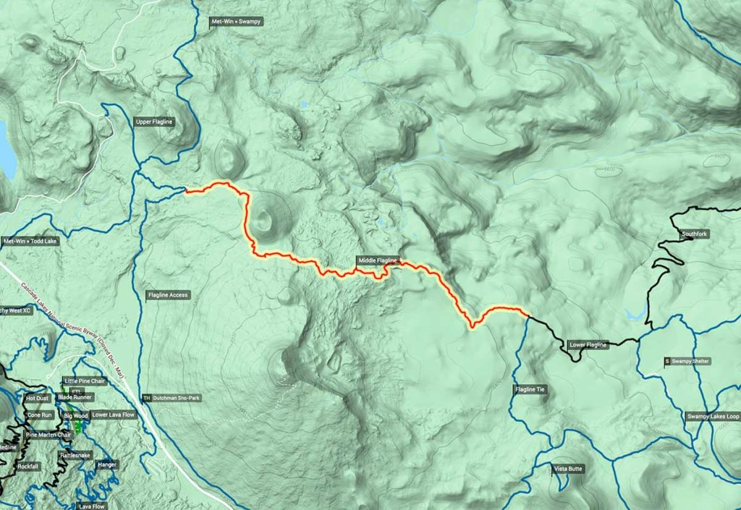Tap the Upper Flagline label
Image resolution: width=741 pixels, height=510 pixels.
point(154,122)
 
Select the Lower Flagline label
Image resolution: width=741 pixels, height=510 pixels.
point(588,345)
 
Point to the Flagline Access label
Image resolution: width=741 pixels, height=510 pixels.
point(168,295)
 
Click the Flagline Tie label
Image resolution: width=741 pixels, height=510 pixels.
point(530,390)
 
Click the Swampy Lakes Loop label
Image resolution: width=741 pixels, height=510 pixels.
point(713,417)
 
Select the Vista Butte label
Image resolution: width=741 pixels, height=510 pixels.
point(567,469)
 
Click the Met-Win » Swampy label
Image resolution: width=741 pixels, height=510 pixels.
point(235,22)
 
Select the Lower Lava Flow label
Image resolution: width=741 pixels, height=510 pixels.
point(113,415)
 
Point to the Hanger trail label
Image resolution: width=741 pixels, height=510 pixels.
point(106,464)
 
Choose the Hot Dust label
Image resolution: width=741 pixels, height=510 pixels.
point(36,398)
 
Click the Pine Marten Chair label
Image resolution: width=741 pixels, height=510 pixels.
point(48,435)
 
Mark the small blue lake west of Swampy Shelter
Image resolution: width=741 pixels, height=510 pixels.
point(634,315)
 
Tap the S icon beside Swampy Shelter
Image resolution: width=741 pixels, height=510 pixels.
point(666,361)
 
